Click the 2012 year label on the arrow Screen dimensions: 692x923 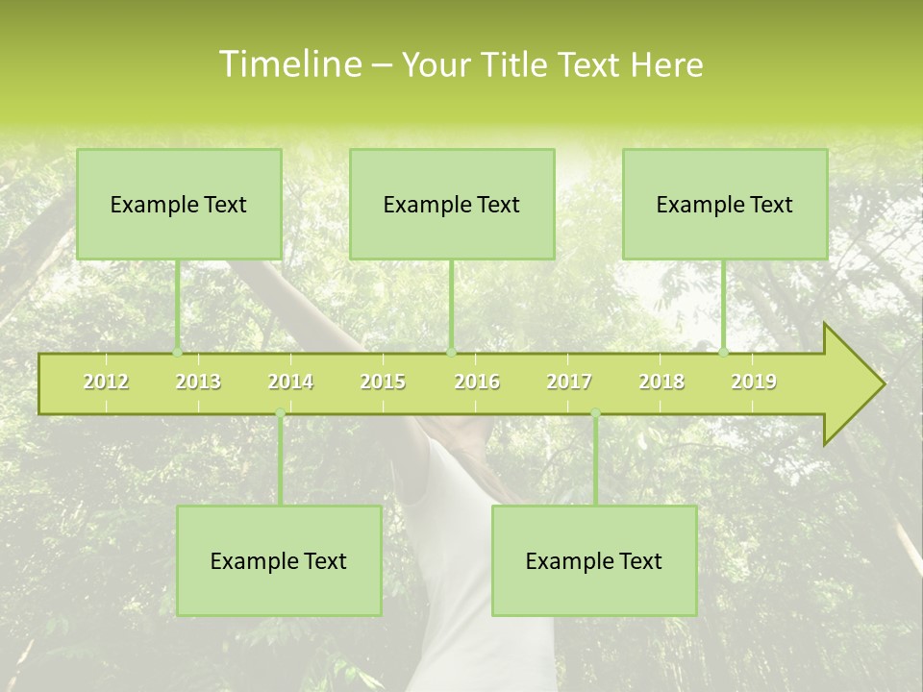[106, 382]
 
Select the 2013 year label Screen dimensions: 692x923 [198, 382]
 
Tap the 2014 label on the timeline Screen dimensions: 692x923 [290, 382]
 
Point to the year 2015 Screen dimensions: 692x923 [383, 382]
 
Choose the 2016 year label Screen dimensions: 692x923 [477, 382]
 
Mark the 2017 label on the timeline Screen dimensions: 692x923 [569, 382]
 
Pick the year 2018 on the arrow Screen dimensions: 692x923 [661, 382]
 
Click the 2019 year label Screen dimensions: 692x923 [754, 382]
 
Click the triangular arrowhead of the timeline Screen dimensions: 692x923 [852, 384]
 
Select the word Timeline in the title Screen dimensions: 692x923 [288, 64]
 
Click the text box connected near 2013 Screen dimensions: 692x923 [179, 204]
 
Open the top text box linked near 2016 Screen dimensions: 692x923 [452, 204]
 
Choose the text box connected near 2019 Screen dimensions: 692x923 [725, 204]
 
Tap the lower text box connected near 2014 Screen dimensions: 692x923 [279, 560]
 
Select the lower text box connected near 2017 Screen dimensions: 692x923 [594, 560]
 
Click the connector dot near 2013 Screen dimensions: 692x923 [178, 353]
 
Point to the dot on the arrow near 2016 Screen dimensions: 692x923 [451, 353]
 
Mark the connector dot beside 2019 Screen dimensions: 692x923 [724, 353]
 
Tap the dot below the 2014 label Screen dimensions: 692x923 [280, 413]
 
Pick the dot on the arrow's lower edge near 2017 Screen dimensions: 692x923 [595, 413]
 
